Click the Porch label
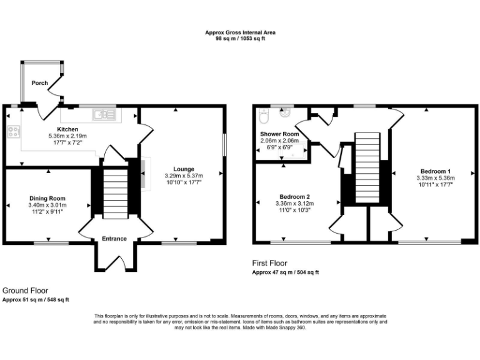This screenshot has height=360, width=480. [40, 83]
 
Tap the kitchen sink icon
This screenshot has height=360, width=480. [101, 114]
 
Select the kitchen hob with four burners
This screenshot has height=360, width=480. [12, 131]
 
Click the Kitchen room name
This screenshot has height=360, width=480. [67, 129]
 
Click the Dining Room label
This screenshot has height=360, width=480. [47, 198]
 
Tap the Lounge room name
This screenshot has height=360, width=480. [184, 169]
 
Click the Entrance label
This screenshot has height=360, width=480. [114, 238]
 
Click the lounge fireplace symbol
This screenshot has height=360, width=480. [144, 173]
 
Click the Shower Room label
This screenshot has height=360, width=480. [279, 134]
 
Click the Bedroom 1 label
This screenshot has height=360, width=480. [436, 171]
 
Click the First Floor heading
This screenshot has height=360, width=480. [269, 263]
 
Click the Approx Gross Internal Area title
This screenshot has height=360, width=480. [241, 32]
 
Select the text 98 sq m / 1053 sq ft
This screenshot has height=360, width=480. [241, 39]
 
